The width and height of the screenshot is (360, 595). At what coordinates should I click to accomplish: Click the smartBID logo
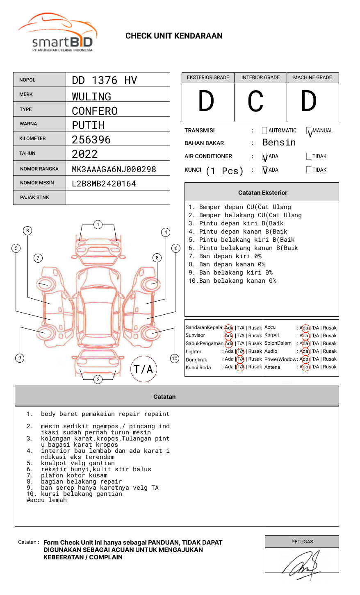(57, 33)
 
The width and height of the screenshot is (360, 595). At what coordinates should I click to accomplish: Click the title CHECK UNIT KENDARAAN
(174, 36)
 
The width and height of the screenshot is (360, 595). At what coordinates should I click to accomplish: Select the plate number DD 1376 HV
(104, 80)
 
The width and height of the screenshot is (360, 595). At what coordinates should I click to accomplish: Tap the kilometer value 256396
(91, 140)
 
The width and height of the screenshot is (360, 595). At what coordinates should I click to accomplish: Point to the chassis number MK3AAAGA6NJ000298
(114, 169)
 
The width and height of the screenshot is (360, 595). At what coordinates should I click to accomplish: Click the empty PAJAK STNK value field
(118, 198)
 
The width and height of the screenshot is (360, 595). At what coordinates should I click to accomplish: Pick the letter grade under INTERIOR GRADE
(255, 101)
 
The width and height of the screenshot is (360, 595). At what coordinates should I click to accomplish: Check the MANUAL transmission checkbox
(309, 131)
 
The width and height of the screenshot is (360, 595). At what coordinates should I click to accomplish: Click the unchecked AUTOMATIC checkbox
(264, 131)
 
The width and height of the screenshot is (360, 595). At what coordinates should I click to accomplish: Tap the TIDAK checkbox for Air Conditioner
(309, 157)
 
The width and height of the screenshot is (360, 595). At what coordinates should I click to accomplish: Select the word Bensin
(279, 143)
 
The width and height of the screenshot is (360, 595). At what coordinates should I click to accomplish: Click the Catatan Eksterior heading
(262, 193)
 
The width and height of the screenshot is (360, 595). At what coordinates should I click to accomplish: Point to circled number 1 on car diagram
(98, 225)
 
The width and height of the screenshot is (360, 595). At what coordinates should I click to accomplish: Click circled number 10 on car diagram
(175, 359)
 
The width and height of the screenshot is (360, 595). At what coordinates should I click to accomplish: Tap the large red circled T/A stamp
(144, 369)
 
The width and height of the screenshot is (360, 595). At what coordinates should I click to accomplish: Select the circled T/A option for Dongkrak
(240, 359)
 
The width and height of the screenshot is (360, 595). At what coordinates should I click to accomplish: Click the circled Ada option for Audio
(304, 351)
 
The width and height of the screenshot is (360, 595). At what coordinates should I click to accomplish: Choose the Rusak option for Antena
(330, 367)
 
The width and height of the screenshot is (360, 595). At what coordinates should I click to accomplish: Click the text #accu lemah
(47, 500)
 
